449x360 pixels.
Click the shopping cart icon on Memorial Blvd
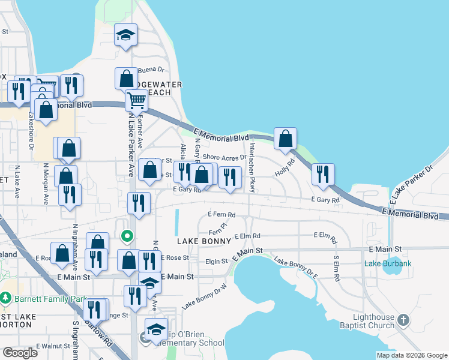tap(136, 101)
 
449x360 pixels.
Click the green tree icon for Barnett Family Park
tap(5, 297)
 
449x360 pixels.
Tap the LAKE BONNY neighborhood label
tap(204, 241)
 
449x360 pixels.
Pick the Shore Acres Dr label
tap(224, 157)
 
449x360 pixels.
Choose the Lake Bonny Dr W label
tap(204, 296)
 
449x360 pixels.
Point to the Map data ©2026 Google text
tap(411, 355)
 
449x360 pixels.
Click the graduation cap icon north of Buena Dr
tap(126, 35)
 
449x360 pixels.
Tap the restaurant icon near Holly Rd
tap(323, 174)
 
